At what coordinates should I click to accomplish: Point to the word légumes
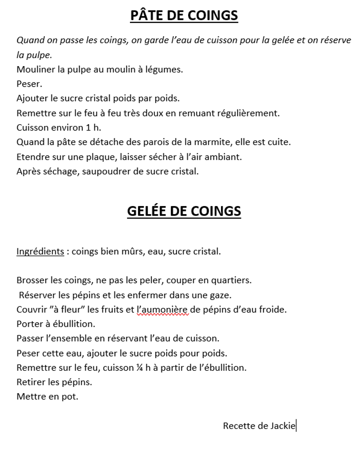coord(165,69)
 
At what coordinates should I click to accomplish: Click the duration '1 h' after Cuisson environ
coord(92,128)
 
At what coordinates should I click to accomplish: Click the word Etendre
coord(32,157)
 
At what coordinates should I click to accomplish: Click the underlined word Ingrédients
coord(40,251)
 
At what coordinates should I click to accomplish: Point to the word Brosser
coord(32,280)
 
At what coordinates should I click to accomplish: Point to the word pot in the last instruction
coord(70,396)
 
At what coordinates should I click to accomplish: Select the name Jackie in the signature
coord(283,426)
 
